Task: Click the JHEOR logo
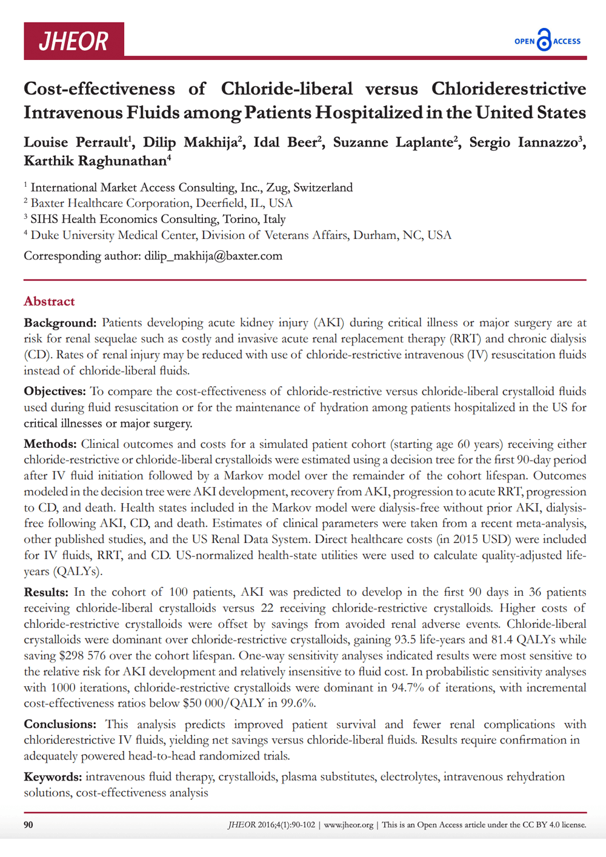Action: (74, 41)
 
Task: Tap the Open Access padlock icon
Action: (544, 40)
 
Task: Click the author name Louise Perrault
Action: (76, 142)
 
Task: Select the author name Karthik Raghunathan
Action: (95, 161)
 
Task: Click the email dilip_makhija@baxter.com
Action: (213, 256)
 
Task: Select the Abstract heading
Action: (49, 301)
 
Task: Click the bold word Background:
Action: (60, 322)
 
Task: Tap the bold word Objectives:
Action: (55, 391)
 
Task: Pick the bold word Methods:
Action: (50, 444)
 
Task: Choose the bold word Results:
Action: (46, 592)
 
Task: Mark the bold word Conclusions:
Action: (60, 724)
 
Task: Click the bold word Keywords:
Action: (53, 776)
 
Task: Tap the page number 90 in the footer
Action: (28, 824)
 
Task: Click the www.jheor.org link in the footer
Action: (348, 825)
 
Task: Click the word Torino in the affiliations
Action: (241, 219)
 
